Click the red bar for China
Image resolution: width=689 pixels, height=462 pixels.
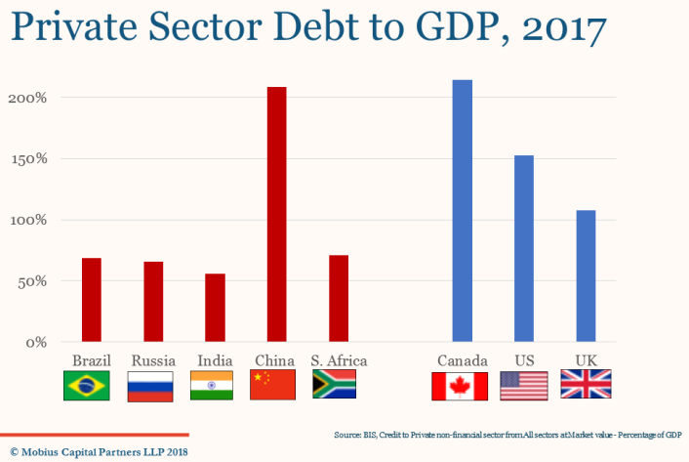click(277, 214)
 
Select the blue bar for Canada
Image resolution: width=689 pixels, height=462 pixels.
click(462, 210)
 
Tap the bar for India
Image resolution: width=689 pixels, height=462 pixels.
click(215, 307)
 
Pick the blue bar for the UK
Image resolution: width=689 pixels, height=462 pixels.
click(586, 275)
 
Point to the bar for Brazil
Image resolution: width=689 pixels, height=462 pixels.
click(92, 299)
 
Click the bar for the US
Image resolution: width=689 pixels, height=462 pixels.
click(524, 248)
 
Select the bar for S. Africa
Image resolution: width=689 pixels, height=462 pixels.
click(339, 298)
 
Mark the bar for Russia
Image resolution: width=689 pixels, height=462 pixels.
click(153, 301)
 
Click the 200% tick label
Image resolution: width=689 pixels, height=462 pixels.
click(27, 98)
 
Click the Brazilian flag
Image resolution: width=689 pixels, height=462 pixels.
click(86, 386)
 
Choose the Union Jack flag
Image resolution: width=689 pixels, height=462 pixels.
click(586, 385)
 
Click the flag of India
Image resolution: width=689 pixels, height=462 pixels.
click(212, 386)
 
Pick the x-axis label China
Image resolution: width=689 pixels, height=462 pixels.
click(273, 360)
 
